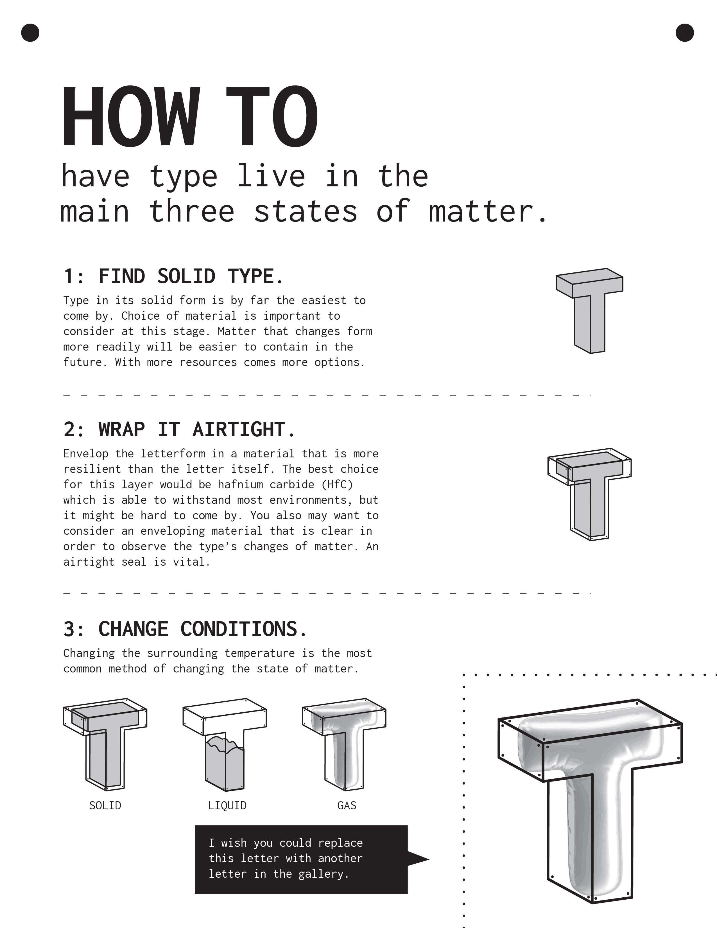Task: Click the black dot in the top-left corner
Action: (x=30, y=33)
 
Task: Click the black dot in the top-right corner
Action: (x=684, y=33)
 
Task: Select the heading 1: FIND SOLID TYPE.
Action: (x=173, y=276)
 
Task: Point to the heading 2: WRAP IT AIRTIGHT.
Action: (x=179, y=429)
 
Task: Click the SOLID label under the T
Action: (x=105, y=806)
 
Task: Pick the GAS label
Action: (x=347, y=806)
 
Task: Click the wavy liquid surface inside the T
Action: (x=225, y=746)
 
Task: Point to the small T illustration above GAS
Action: (x=344, y=744)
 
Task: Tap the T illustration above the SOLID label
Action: (x=105, y=744)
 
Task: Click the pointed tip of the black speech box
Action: (x=429, y=859)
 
